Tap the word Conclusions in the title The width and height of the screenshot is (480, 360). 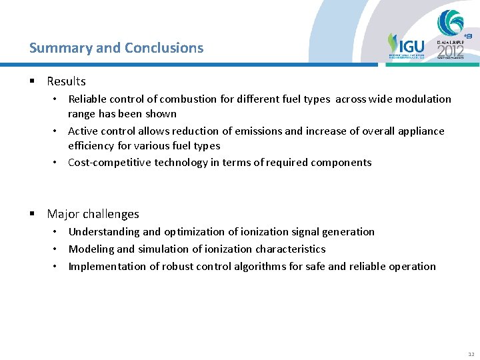[163, 48]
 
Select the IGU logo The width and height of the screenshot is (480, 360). [405, 47]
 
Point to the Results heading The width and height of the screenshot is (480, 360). [66, 81]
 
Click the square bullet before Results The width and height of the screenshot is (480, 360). [32, 81]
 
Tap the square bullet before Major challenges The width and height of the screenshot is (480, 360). [32, 214]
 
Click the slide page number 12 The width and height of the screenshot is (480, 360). [471, 353]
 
